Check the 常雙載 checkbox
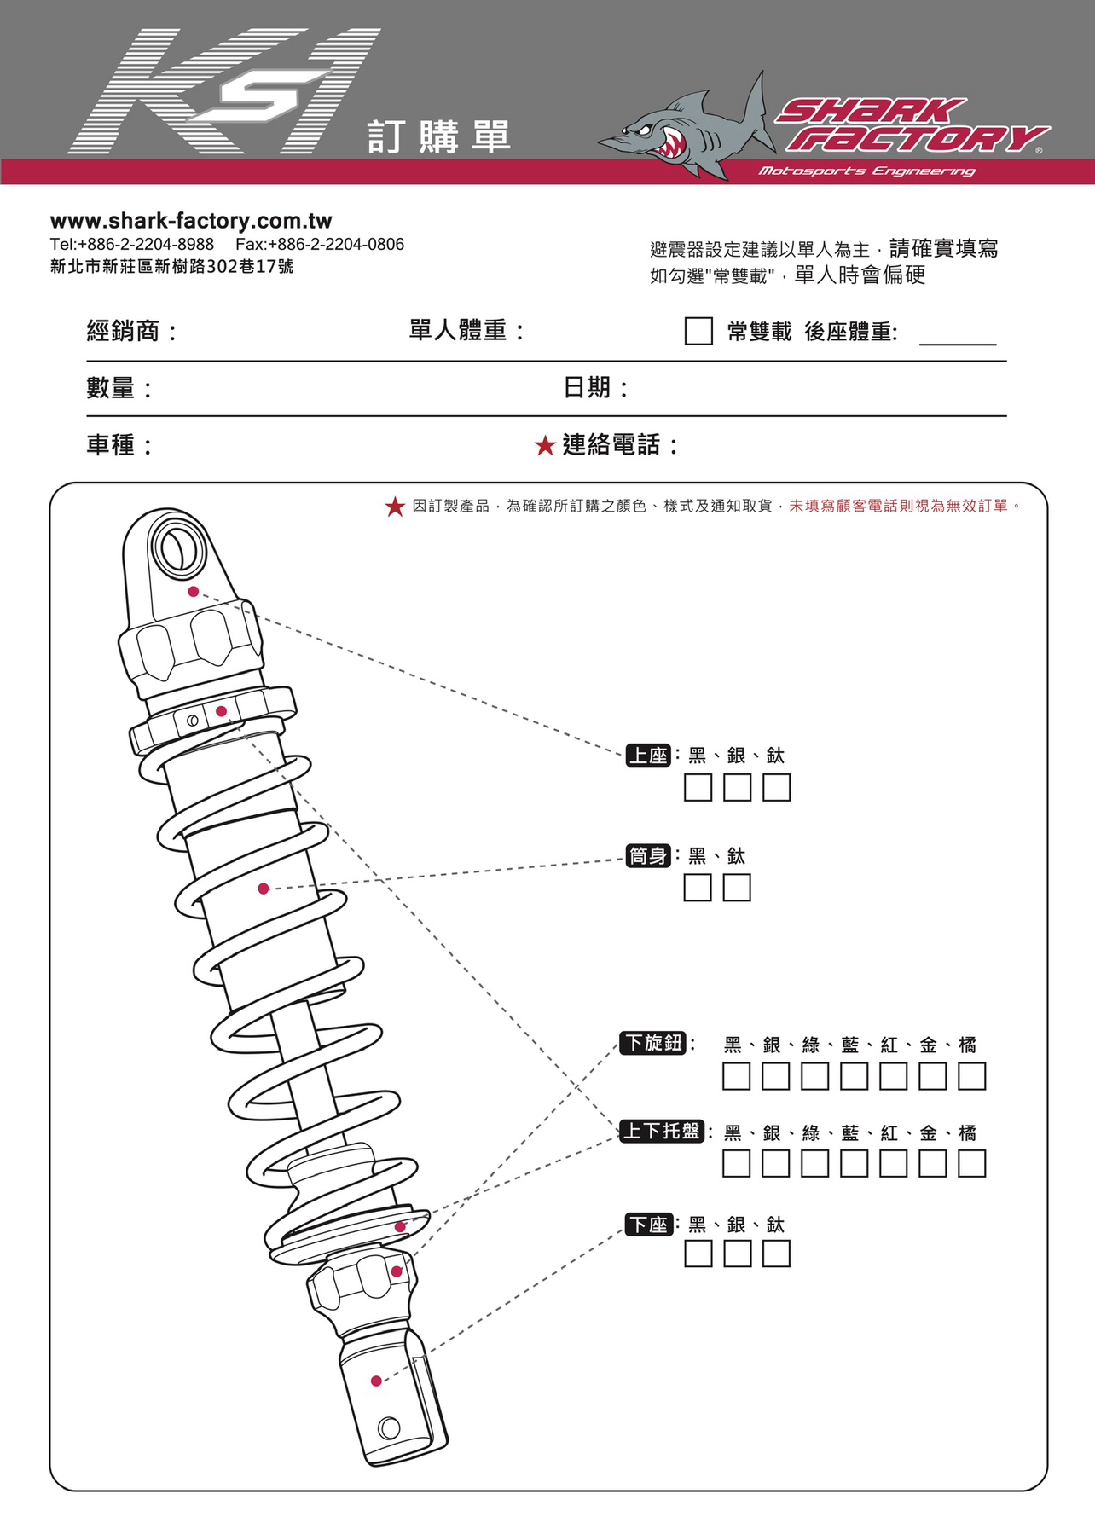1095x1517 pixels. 698,331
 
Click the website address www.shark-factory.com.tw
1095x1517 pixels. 191,221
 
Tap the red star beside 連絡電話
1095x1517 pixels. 545,445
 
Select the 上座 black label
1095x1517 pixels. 648,756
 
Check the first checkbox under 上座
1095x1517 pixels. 698,787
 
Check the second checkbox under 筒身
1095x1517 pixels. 737,888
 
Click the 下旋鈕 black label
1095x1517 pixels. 652,1043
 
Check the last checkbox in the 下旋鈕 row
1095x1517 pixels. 971,1076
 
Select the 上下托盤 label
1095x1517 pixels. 661,1132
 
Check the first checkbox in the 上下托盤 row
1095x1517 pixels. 736,1163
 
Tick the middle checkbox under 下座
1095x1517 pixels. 737,1254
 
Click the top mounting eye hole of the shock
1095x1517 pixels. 177,549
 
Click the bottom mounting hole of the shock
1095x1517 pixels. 389,1427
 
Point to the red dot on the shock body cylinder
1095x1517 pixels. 264,889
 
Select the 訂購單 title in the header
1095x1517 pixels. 438,137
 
